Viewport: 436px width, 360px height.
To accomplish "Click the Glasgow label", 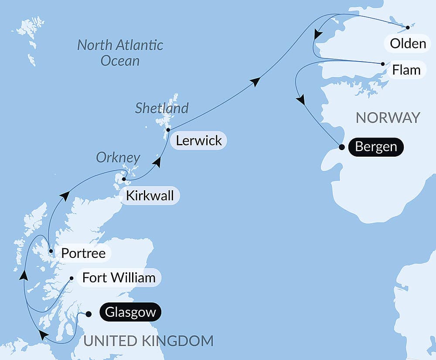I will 130,312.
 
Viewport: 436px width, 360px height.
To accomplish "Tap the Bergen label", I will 376,147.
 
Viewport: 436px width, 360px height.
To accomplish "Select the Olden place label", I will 408,44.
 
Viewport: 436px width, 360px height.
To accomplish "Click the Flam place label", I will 406,70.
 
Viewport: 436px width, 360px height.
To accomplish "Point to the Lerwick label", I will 199,141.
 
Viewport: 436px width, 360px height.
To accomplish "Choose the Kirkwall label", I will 150,196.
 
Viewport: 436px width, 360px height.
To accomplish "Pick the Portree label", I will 83,253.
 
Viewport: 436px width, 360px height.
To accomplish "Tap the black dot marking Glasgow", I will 89,314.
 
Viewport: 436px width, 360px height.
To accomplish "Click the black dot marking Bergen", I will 342,147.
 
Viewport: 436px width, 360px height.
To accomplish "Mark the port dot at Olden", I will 408,27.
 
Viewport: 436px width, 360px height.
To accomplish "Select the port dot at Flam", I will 383,64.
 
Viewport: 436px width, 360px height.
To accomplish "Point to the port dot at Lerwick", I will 168,130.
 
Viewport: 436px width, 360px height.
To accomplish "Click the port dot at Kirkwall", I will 124,179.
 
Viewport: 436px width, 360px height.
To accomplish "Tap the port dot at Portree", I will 51,251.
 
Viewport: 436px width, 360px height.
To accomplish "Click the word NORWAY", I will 388,117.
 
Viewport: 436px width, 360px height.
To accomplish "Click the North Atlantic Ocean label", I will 120,52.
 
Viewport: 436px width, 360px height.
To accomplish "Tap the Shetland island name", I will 161,108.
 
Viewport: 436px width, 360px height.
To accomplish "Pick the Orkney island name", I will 118,158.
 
